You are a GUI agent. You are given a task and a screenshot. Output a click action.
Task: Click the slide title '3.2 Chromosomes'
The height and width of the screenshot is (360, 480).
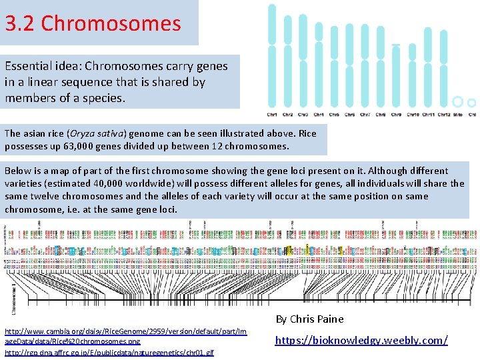pyautogui.click(x=93, y=23)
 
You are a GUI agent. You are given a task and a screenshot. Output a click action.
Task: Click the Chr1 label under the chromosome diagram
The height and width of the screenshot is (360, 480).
pyautogui.click(x=273, y=114)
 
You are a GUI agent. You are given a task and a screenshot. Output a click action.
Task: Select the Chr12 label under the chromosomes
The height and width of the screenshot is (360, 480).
pyautogui.click(x=443, y=114)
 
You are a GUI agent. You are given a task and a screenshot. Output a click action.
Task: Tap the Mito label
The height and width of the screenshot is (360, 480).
pyautogui.click(x=457, y=114)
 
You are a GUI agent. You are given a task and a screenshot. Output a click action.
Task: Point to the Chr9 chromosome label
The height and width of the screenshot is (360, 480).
pyautogui.click(x=396, y=114)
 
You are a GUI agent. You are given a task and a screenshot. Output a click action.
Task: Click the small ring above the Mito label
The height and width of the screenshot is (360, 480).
pyautogui.click(x=457, y=102)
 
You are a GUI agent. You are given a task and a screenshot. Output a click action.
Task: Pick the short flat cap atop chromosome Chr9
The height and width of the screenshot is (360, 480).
pyautogui.click(x=396, y=45)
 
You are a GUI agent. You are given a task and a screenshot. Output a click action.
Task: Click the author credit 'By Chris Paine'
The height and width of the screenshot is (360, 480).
pyautogui.click(x=309, y=319)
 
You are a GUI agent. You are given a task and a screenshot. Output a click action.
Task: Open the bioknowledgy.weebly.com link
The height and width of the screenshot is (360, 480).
pyautogui.click(x=361, y=340)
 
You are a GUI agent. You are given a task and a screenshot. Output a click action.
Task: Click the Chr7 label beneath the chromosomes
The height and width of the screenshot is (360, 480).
pyautogui.click(x=365, y=114)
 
